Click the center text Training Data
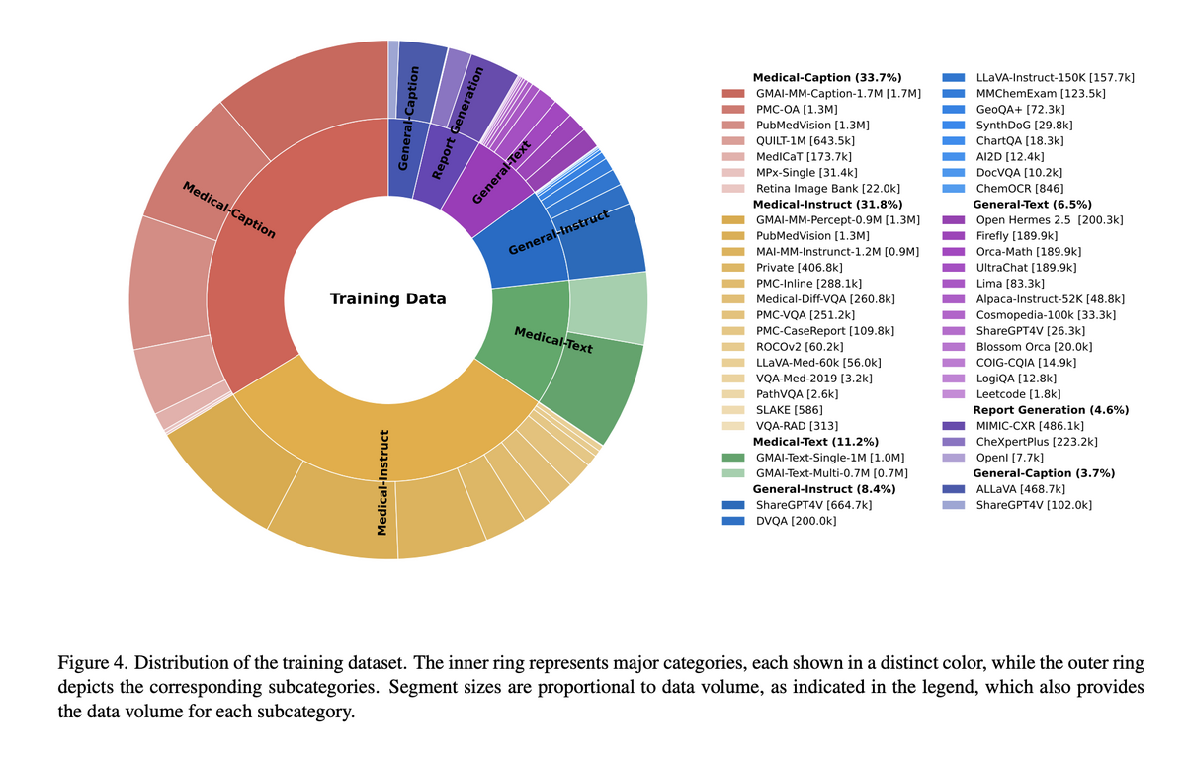(387, 298)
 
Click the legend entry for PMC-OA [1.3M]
(793, 109)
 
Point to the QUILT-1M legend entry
(803, 141)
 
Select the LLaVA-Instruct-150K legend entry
(1055, 76)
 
